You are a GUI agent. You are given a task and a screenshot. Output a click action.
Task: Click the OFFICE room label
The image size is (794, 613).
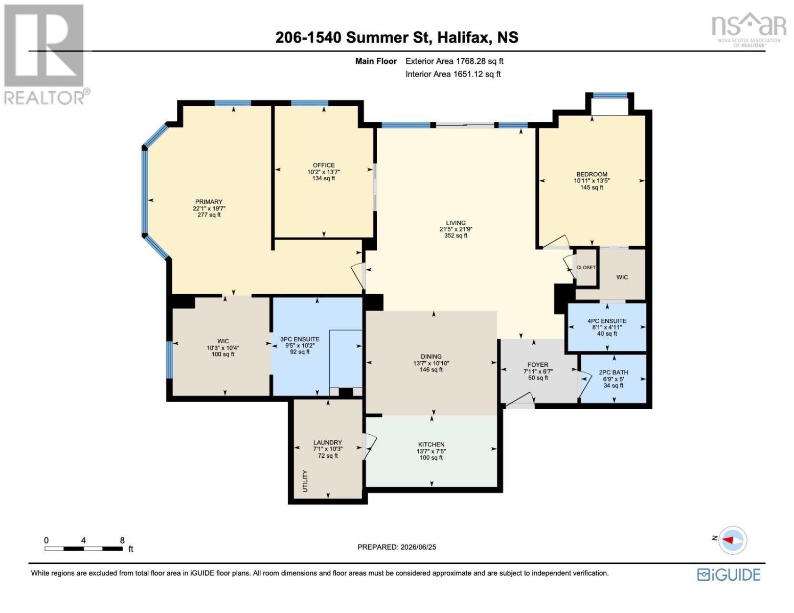tap(323, 165)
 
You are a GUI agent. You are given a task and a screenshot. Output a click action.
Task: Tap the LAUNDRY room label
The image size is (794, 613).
tap(327, 442)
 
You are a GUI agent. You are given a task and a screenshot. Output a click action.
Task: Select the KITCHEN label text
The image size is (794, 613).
tap(431, 445)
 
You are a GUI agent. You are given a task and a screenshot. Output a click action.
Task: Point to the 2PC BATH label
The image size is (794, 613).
tap(614, 372)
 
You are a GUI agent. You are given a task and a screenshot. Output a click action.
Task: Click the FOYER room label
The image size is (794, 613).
tap(538, 365)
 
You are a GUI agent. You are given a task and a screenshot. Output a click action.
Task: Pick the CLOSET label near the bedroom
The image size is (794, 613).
tap(586, 268)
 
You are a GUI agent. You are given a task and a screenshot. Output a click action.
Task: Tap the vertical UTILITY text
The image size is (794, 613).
tap(305, 481)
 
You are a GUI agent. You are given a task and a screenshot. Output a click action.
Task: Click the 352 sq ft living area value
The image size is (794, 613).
tap(456, 235)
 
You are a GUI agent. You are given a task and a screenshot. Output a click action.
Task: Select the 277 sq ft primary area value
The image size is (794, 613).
tap(209, 215)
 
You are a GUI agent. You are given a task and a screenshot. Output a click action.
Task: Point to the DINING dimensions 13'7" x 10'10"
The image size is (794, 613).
tap(431, 363)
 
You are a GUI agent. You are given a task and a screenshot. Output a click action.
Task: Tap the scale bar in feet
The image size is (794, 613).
tap(84, 548)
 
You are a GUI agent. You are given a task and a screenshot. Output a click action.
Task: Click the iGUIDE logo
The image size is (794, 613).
tap(729, 575)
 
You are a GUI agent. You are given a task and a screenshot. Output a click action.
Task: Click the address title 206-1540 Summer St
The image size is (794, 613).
tap(353, 37)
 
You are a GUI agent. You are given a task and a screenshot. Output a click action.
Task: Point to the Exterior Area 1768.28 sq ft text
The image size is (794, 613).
tap(455, 61)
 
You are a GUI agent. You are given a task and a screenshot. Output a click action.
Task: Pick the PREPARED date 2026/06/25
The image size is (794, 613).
tap(397, 547)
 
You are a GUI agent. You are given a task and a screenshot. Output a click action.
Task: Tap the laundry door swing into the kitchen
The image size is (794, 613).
tap(370, 446)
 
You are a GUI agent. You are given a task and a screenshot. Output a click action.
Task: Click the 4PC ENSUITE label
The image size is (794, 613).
tap(607, 321)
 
